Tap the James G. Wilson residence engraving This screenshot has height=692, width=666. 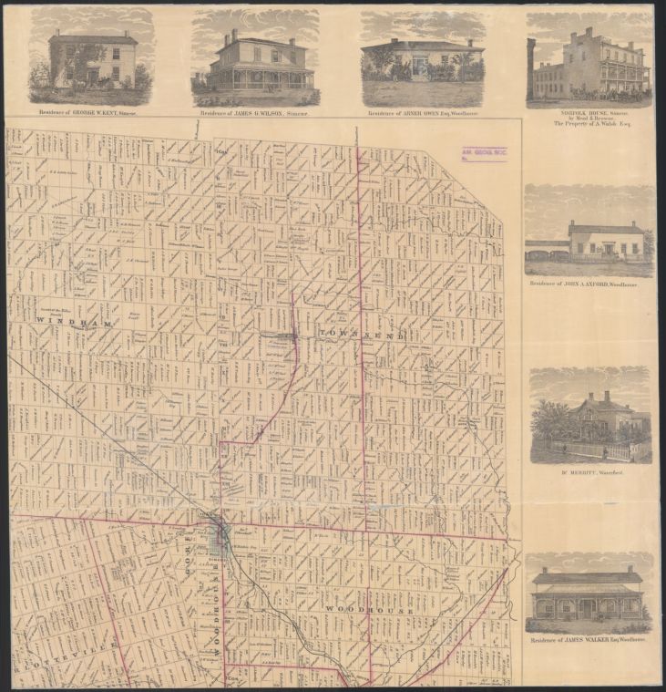(255, 59)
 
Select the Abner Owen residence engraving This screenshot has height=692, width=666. (422, 59)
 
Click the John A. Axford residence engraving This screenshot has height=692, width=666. (589, 232)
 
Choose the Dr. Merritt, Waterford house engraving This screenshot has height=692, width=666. (590, 415)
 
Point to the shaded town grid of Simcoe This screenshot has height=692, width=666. (220, 538)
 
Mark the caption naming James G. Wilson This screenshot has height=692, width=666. (255, 113)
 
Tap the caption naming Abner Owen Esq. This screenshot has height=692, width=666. (422, 113)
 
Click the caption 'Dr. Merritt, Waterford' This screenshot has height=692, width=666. (590, 472)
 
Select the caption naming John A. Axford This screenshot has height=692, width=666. (589, 284)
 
